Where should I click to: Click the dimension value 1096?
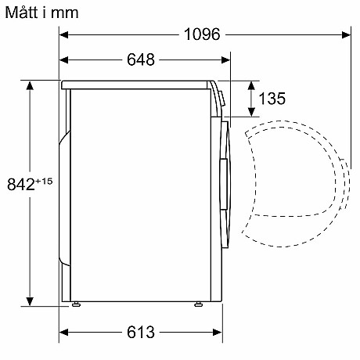[x=202, y=34]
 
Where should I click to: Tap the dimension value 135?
[x=271, y=99]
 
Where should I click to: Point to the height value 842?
[x=20, y=185]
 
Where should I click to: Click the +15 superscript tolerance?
[x=43, y=181]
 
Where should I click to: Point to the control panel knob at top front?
[x=220, y=97]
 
